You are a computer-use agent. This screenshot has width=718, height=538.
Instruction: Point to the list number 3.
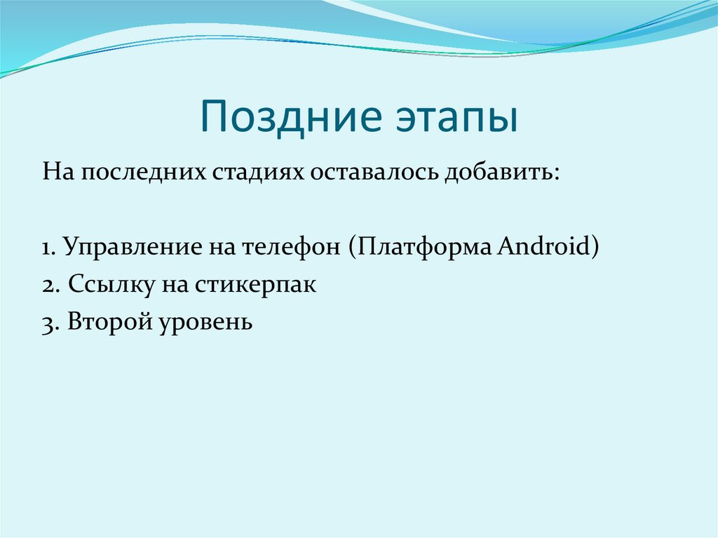[x=48, y=323]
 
